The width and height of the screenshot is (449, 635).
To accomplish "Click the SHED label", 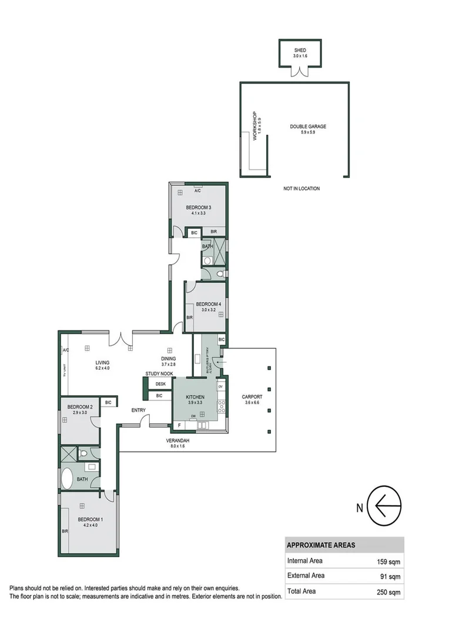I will click(300, 51).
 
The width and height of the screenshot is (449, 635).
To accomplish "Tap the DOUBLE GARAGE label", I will click(307, 126).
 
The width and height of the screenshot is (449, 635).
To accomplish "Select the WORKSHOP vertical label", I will click(255, 126).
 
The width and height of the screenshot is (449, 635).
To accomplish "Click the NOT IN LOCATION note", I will click(301, 189).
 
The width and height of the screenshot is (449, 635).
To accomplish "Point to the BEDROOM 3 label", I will click(198, 208).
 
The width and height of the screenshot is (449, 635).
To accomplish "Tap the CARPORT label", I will click(252, 397).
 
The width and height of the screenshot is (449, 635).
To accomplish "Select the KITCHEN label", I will click(195, 397).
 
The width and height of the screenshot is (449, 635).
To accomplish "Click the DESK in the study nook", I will click(160, 384).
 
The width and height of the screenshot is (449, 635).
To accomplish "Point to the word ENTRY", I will click(139, 410).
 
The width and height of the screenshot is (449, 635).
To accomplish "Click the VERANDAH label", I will click(176, 440).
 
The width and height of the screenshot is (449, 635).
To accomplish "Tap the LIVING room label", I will click(103, 363).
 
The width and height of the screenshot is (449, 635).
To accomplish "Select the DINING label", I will click(169, 359).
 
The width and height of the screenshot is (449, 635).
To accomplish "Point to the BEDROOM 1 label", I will click(91, 519).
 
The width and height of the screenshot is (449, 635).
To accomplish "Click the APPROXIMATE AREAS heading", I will click(320, 545).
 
